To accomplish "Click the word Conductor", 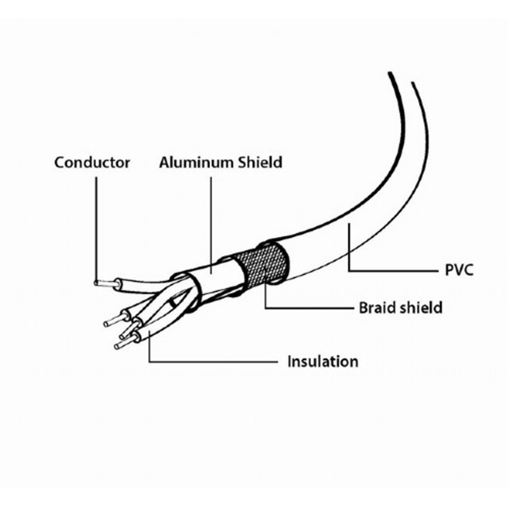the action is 92,163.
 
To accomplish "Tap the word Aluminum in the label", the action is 196,163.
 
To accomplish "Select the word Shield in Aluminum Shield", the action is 260,163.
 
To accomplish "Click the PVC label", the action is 459,270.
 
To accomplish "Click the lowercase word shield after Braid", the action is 421,307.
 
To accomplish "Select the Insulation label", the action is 323,362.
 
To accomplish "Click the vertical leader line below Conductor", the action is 96,231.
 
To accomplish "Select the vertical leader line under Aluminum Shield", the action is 211,225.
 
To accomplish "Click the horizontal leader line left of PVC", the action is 393,270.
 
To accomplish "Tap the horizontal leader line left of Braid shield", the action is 309,308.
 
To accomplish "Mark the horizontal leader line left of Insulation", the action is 213,362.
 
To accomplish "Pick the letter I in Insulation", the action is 290,361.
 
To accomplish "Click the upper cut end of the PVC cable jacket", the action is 401,77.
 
